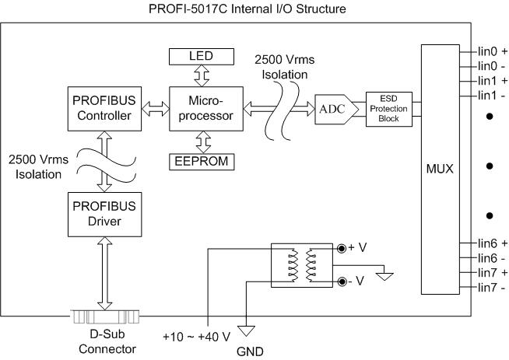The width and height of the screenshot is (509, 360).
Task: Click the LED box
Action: [x=202, y=57]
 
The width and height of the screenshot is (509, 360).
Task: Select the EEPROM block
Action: [x=202, y=162]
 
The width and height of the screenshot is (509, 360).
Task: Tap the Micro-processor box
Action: [x=206, y=109]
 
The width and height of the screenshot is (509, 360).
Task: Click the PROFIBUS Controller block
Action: [x=104, y=109]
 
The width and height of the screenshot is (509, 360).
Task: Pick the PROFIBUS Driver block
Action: [x=104, y=215]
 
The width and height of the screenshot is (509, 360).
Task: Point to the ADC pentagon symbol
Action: [x=337, y=110]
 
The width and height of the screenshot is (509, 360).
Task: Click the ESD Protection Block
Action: [x=389, y=109]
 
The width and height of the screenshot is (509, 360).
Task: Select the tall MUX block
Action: [x=441, y=170]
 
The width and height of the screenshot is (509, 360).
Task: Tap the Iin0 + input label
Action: [x=492, y=51]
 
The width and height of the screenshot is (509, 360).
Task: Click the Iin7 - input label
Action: [x=491, y=288]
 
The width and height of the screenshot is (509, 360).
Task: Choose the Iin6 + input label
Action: [x=492, y=243]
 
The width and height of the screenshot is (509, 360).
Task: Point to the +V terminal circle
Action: [x=342, y=249]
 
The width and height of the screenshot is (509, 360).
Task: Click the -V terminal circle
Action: [x=342, y=281]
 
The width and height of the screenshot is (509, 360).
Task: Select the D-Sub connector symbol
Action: [x=105, y=317]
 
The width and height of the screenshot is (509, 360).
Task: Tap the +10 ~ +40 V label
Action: [x=196, y=337]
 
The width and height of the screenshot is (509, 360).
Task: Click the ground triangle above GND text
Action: [x=247, y=330]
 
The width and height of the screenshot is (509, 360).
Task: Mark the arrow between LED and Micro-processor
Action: [x=202, y=75]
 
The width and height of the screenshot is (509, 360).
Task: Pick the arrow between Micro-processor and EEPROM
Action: [x=204, y=142]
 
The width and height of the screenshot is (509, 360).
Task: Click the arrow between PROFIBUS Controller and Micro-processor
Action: [x=156, y=109]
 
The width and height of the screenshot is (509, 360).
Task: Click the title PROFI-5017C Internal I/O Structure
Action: [x=247, y=9]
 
